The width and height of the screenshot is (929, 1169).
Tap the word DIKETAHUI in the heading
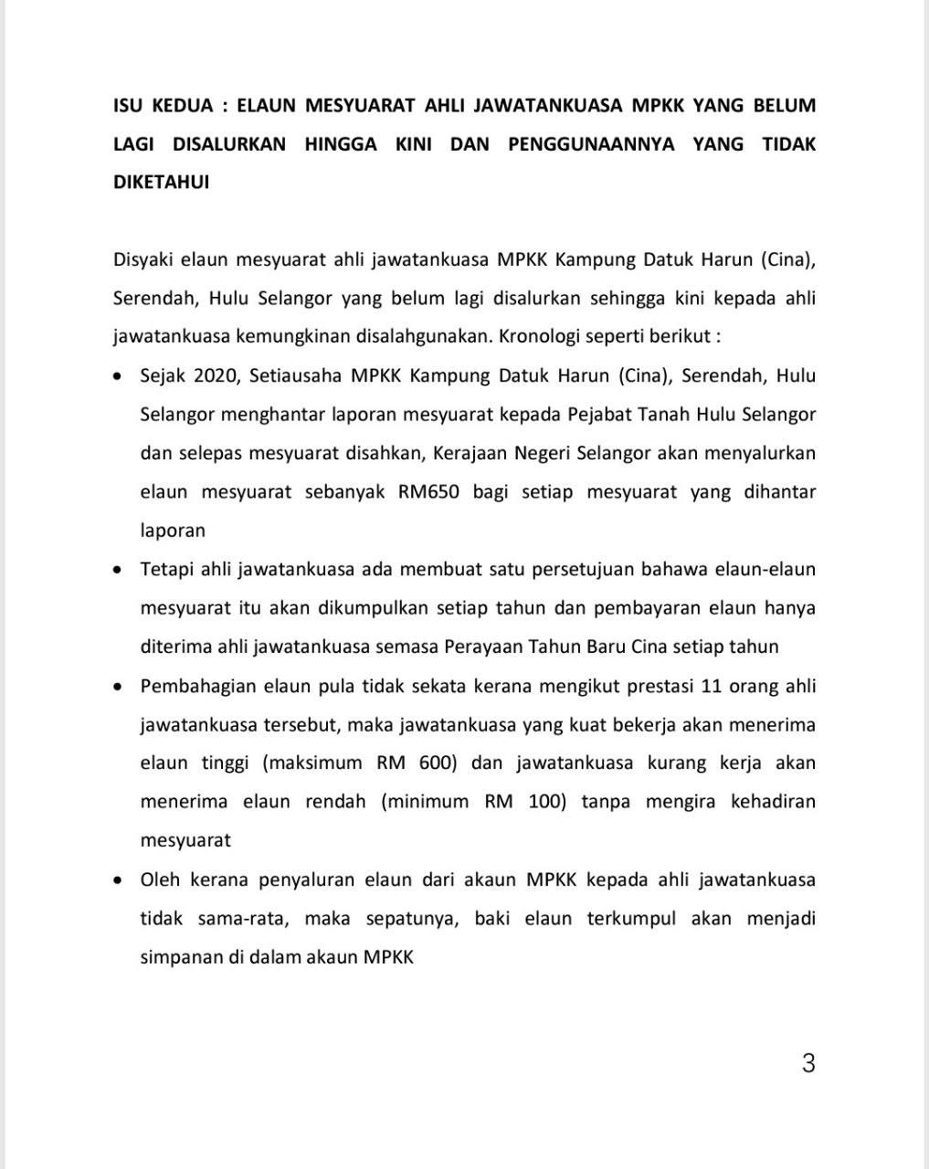161,182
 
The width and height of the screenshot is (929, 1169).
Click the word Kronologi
540,336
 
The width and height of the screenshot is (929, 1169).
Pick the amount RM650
428,491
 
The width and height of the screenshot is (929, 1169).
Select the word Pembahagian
196,686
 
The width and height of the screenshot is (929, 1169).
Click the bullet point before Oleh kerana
117,880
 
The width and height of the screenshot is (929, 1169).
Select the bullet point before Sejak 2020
117,376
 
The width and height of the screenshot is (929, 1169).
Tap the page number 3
808,1063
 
